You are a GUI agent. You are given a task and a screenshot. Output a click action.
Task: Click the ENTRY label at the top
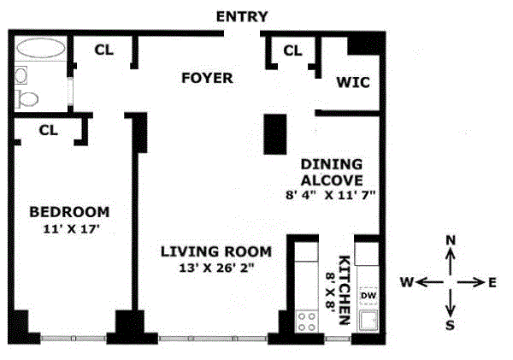pos(242,16)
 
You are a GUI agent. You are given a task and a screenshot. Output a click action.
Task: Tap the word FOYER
pos(207,78)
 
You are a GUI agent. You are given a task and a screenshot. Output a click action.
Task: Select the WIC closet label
pos(353,82)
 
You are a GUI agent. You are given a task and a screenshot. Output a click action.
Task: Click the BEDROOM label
pos(70,212)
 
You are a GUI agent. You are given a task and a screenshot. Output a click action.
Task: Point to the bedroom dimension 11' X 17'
pos(71,229)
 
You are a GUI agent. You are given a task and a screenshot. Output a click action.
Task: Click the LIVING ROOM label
pos(216,251)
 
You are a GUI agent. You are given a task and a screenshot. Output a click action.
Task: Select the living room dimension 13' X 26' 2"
pos(216,268)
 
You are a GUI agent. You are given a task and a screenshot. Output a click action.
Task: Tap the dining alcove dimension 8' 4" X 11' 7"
pos(330,195)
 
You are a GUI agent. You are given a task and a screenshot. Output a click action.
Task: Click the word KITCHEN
pos(345,290)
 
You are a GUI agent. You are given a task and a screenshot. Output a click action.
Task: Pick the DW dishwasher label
pos(369,296)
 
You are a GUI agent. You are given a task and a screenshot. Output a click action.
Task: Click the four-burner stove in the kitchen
pos(307,322)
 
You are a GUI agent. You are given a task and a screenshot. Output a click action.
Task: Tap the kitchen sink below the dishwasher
pos(369,321)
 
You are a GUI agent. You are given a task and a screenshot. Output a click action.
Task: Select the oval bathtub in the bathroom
pos(40,49)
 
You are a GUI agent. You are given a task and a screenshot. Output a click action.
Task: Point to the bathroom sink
pos(21,75)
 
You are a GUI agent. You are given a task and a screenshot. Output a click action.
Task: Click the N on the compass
pos(451,240)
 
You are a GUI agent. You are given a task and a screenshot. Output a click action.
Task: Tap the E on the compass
pos(492,282)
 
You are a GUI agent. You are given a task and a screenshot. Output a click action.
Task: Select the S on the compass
pos(451,325)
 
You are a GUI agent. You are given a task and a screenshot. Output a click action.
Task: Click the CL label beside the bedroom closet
pos(49,131)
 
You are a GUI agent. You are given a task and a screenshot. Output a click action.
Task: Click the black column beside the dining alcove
pos(275,134)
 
